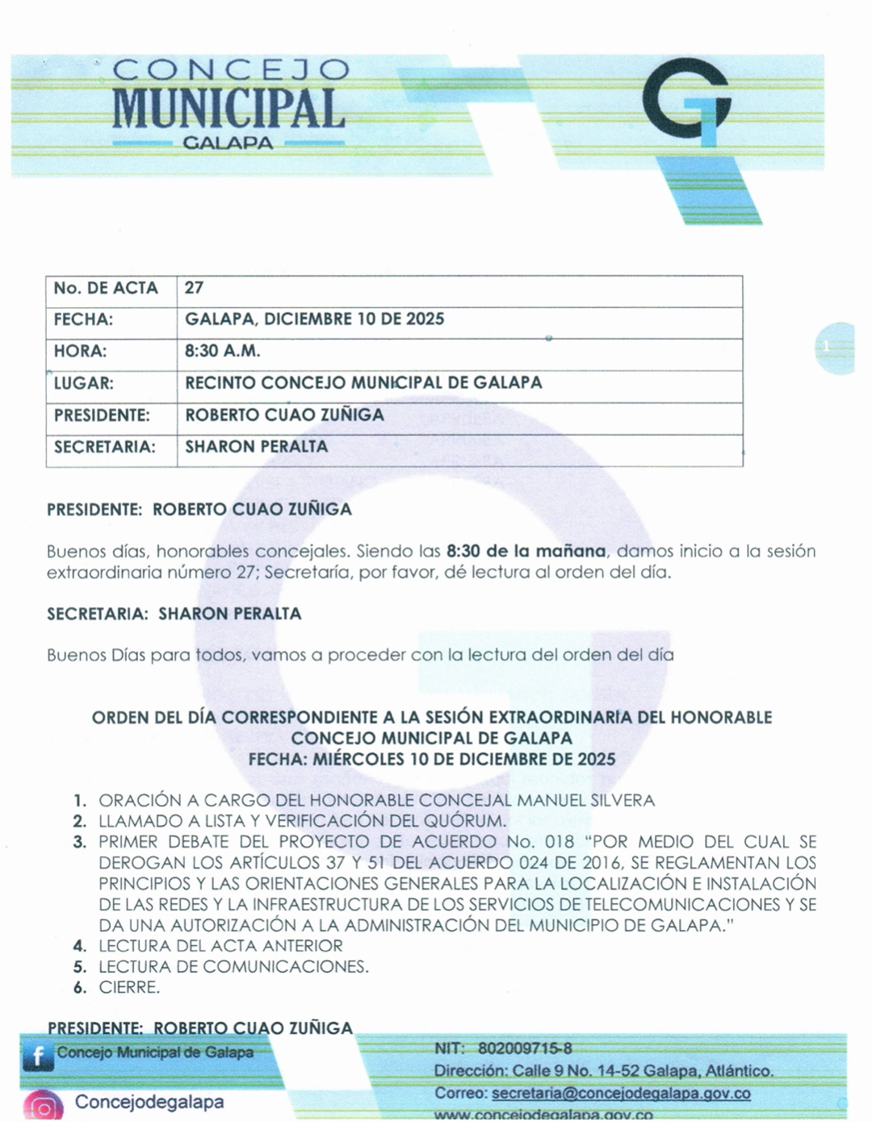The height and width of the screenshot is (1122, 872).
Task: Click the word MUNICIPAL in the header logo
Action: pyautogui.click(x=229, y=108)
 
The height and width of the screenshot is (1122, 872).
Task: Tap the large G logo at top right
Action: pyautogui.click(x=688, y=105)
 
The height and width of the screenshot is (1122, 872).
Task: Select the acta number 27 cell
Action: pyautogui.click(x=194, y=288)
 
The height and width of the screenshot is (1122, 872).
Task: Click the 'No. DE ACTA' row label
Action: pyautogui.click(x=106, y=288)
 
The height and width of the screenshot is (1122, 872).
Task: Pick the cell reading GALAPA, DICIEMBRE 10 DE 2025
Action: pyautogui.click(x=314, y=319)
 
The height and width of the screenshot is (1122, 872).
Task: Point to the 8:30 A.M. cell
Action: pyautogui.click(x=222, y=351)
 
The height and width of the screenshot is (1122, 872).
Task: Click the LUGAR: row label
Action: pyautogui.click(x=83, y=383)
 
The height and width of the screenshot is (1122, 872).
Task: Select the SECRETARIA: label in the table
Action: pyautogui.click(x=104, y=446)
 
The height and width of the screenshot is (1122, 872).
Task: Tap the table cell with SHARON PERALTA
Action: pyautogui.click(x=256, y=446)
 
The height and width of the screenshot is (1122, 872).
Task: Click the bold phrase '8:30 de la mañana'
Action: pyautogui.click(x=526, y=551)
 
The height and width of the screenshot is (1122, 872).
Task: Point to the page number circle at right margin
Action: pyautogui.click(x=832, y=348)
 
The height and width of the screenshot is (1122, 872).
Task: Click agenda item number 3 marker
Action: pyautogui.click(x=79, y=842)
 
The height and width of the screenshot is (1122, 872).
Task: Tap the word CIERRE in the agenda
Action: pyautogui.click(x=128, y=987)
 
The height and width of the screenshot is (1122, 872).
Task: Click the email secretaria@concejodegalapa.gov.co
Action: pyautogui.click(x=621, y=1094)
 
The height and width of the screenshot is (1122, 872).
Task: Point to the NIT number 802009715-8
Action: pyautogui.click(x=525, y=1049)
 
